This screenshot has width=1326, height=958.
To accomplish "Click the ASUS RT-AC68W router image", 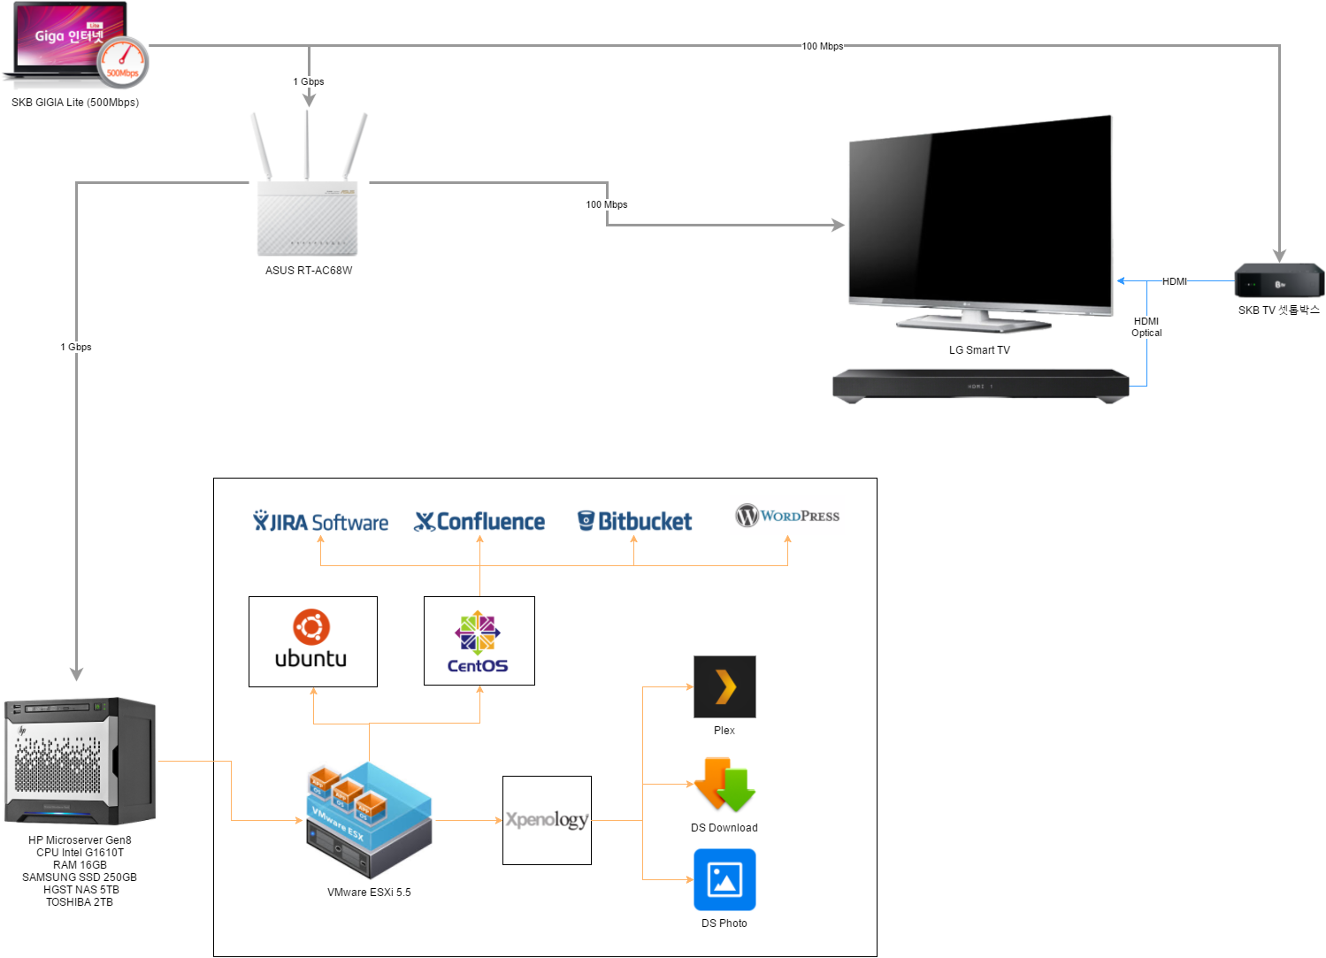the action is point(308,185).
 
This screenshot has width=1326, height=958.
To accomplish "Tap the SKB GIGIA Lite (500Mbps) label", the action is point(75,103).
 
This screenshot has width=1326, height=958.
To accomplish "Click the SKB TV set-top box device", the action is point(1278,280).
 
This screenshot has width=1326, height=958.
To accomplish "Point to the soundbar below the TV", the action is point(980,386).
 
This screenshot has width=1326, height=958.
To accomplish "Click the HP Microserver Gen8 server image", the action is point(80,761).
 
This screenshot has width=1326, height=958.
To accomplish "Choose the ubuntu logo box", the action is point(313,642).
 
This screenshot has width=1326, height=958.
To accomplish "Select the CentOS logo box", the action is point(479,640).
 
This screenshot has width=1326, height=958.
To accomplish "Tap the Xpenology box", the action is point(547,820).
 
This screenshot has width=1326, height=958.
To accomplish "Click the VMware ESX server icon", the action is point(370,820).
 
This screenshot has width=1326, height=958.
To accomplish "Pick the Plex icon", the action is point(724,686).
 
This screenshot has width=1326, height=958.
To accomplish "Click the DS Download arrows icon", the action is point(724,784).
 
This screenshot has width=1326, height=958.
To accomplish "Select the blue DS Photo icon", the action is point(724,879).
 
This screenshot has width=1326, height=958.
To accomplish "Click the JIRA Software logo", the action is point(321,522).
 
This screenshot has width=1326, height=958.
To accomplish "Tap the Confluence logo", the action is point(479,521).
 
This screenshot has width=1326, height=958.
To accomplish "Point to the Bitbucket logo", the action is point(634,521).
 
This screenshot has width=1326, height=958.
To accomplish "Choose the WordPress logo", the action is point(787,515).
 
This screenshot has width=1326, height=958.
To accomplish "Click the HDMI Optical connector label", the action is point(1146,326).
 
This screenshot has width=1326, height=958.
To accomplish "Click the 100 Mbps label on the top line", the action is point(823,46).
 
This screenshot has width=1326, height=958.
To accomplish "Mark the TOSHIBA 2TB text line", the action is point(80,901).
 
